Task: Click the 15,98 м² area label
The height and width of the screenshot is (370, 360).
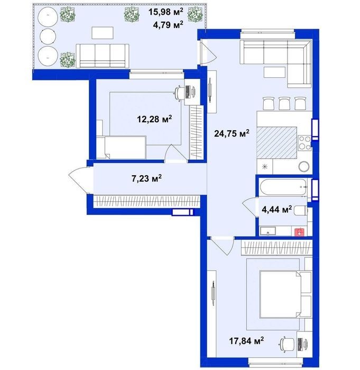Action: pos(165,12)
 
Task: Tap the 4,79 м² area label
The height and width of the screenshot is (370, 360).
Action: pos(168,24)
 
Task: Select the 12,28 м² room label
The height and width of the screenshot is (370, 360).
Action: pos(154,119)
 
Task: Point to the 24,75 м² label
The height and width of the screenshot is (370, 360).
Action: pos(232,133)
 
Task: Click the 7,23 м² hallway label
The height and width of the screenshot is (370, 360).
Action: pos(146,178)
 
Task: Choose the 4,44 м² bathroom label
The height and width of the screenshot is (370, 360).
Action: pos(277,209)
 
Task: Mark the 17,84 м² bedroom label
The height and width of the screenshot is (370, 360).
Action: pos(246,340)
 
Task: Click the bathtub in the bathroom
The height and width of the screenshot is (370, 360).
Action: pos(283,187)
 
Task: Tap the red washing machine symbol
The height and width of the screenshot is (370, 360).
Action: pos(299,232)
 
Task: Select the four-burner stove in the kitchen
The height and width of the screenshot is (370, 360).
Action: pos(304,143)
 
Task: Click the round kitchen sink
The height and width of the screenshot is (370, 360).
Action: pos(303,167)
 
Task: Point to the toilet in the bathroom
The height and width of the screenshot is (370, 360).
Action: pos(301,210)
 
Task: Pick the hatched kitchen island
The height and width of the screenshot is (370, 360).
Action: pos(276,142)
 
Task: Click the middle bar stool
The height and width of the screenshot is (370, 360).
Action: pos(284,103)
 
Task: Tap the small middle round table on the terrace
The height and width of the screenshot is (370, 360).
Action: pos(48,37)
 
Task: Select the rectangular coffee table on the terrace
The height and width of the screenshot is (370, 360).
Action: pos(103,33)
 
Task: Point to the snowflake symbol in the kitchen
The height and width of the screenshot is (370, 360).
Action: pos(265,167)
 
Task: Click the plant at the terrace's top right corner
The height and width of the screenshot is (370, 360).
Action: pos(195,15)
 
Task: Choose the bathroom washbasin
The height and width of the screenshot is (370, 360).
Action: pos(268,231)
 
